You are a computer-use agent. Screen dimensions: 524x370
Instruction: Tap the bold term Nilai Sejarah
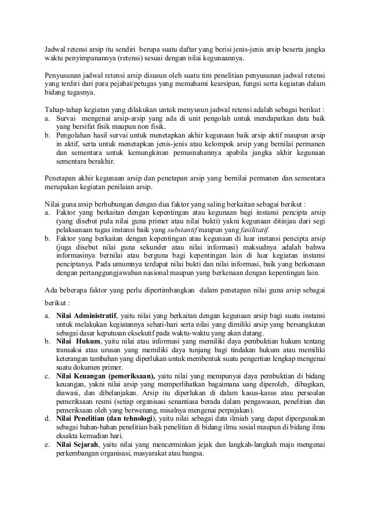click(77, 444)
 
